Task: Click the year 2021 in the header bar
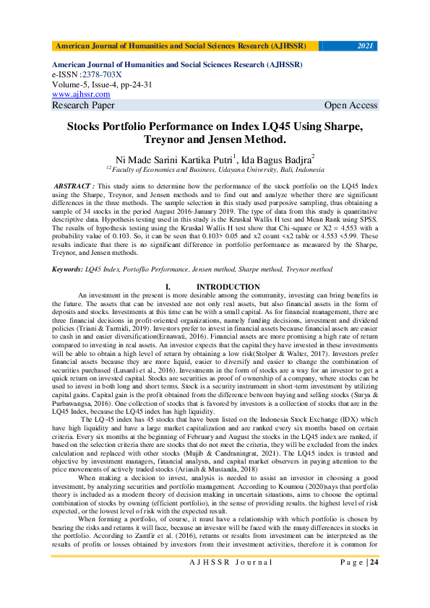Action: click(366, 46)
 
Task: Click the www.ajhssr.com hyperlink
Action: click(81, 94)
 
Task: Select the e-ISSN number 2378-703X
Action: click(101, 74)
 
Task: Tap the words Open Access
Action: click(351, 105)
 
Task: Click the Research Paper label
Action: click(83, 105)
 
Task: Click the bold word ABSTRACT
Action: click(75, 186)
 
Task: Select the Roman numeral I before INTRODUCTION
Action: click(168, 287)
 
